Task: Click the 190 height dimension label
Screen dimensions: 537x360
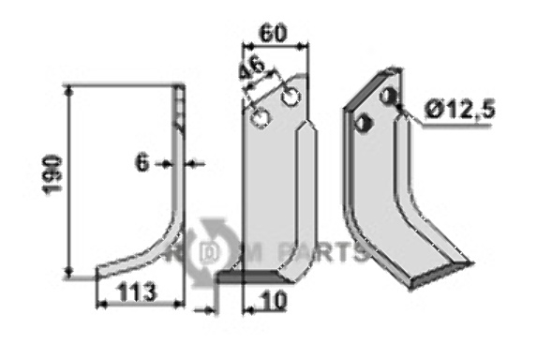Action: coord(52,174)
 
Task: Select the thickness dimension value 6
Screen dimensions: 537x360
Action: coord(142,163)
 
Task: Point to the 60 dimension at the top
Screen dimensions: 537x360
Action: coord(273,34)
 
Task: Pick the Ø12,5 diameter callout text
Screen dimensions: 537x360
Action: coord(459,111)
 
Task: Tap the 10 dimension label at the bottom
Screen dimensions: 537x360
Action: coord(273,301)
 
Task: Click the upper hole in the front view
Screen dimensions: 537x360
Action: coord(291,97)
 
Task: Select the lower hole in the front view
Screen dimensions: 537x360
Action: coord(261,118)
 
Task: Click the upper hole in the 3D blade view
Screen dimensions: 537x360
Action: coord(388,97)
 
